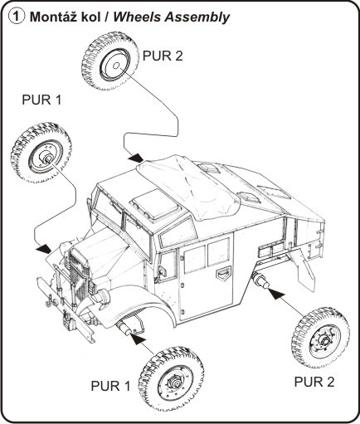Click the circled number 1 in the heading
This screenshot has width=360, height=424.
[16, 17]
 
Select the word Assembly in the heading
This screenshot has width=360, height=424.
[197, 18]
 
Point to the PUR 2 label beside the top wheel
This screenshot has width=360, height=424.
[163, 56]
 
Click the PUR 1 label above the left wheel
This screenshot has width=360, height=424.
[41, 100]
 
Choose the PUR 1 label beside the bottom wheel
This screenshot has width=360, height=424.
[110, 386]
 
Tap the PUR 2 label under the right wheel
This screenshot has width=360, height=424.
[314, 382]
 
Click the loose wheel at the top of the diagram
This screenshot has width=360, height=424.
[110, 61]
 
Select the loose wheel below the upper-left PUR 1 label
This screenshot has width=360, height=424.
[41, 153]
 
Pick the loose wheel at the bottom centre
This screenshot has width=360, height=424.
[172, 378]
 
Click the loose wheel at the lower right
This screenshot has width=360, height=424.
[320, 338]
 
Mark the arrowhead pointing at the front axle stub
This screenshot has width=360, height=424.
[137, 339]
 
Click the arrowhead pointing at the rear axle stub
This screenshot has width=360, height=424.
[275, 294]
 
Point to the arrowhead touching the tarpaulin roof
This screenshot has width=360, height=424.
[136, 158]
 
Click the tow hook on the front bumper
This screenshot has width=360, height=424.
[50, 301]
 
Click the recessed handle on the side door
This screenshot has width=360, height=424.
[223, 274]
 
